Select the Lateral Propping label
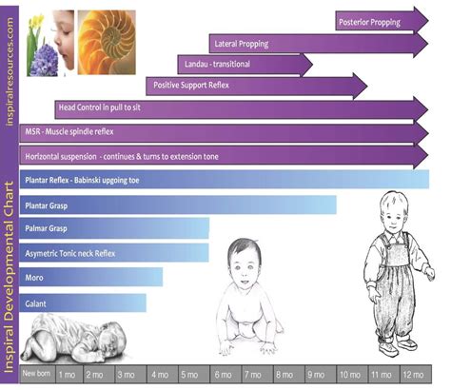point(240,44)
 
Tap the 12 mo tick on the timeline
point(413,375)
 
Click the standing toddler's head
point(390,211)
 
